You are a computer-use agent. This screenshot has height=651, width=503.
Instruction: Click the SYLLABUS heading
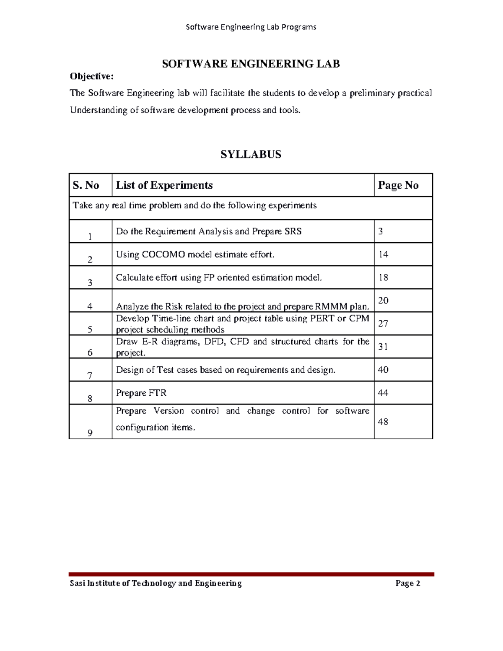pos(251,154)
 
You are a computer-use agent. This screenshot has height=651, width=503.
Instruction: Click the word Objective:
pos(91,76)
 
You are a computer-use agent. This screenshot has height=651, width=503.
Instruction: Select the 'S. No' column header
pos(86,185)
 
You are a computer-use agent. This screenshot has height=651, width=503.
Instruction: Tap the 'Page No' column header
pos(398,185)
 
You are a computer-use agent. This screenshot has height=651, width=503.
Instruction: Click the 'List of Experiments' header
pos(164,185)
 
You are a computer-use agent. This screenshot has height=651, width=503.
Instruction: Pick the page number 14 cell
pos(383,254)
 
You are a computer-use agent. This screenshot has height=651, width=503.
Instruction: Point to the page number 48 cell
pos(383,422)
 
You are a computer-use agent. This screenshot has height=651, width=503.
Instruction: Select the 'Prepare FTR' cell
pos(141,393)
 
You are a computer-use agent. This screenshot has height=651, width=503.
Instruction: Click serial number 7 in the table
pos(90,376)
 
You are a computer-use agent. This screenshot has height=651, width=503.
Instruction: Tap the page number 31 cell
pos(383,347)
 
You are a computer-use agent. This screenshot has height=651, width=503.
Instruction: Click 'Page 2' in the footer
pos(407,584)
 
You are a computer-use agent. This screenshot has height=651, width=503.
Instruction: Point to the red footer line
pos(251,574)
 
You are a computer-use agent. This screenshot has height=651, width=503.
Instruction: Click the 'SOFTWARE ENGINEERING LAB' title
pos(251,64)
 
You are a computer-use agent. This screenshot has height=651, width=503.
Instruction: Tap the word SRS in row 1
pos(293,231)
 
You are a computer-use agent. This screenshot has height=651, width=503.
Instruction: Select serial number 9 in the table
pos(90,433)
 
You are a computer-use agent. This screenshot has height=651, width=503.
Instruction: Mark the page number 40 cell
pos(383,370)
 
